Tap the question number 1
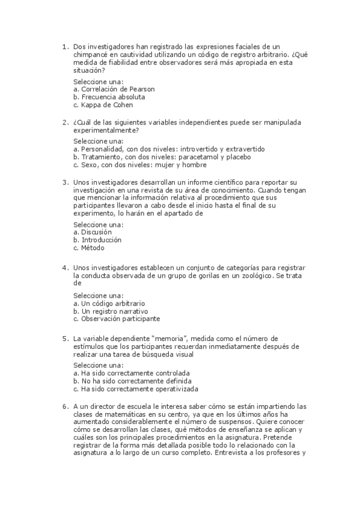65,46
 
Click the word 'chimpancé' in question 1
91,54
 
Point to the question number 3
65,182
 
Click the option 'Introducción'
97,239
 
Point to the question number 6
65,406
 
